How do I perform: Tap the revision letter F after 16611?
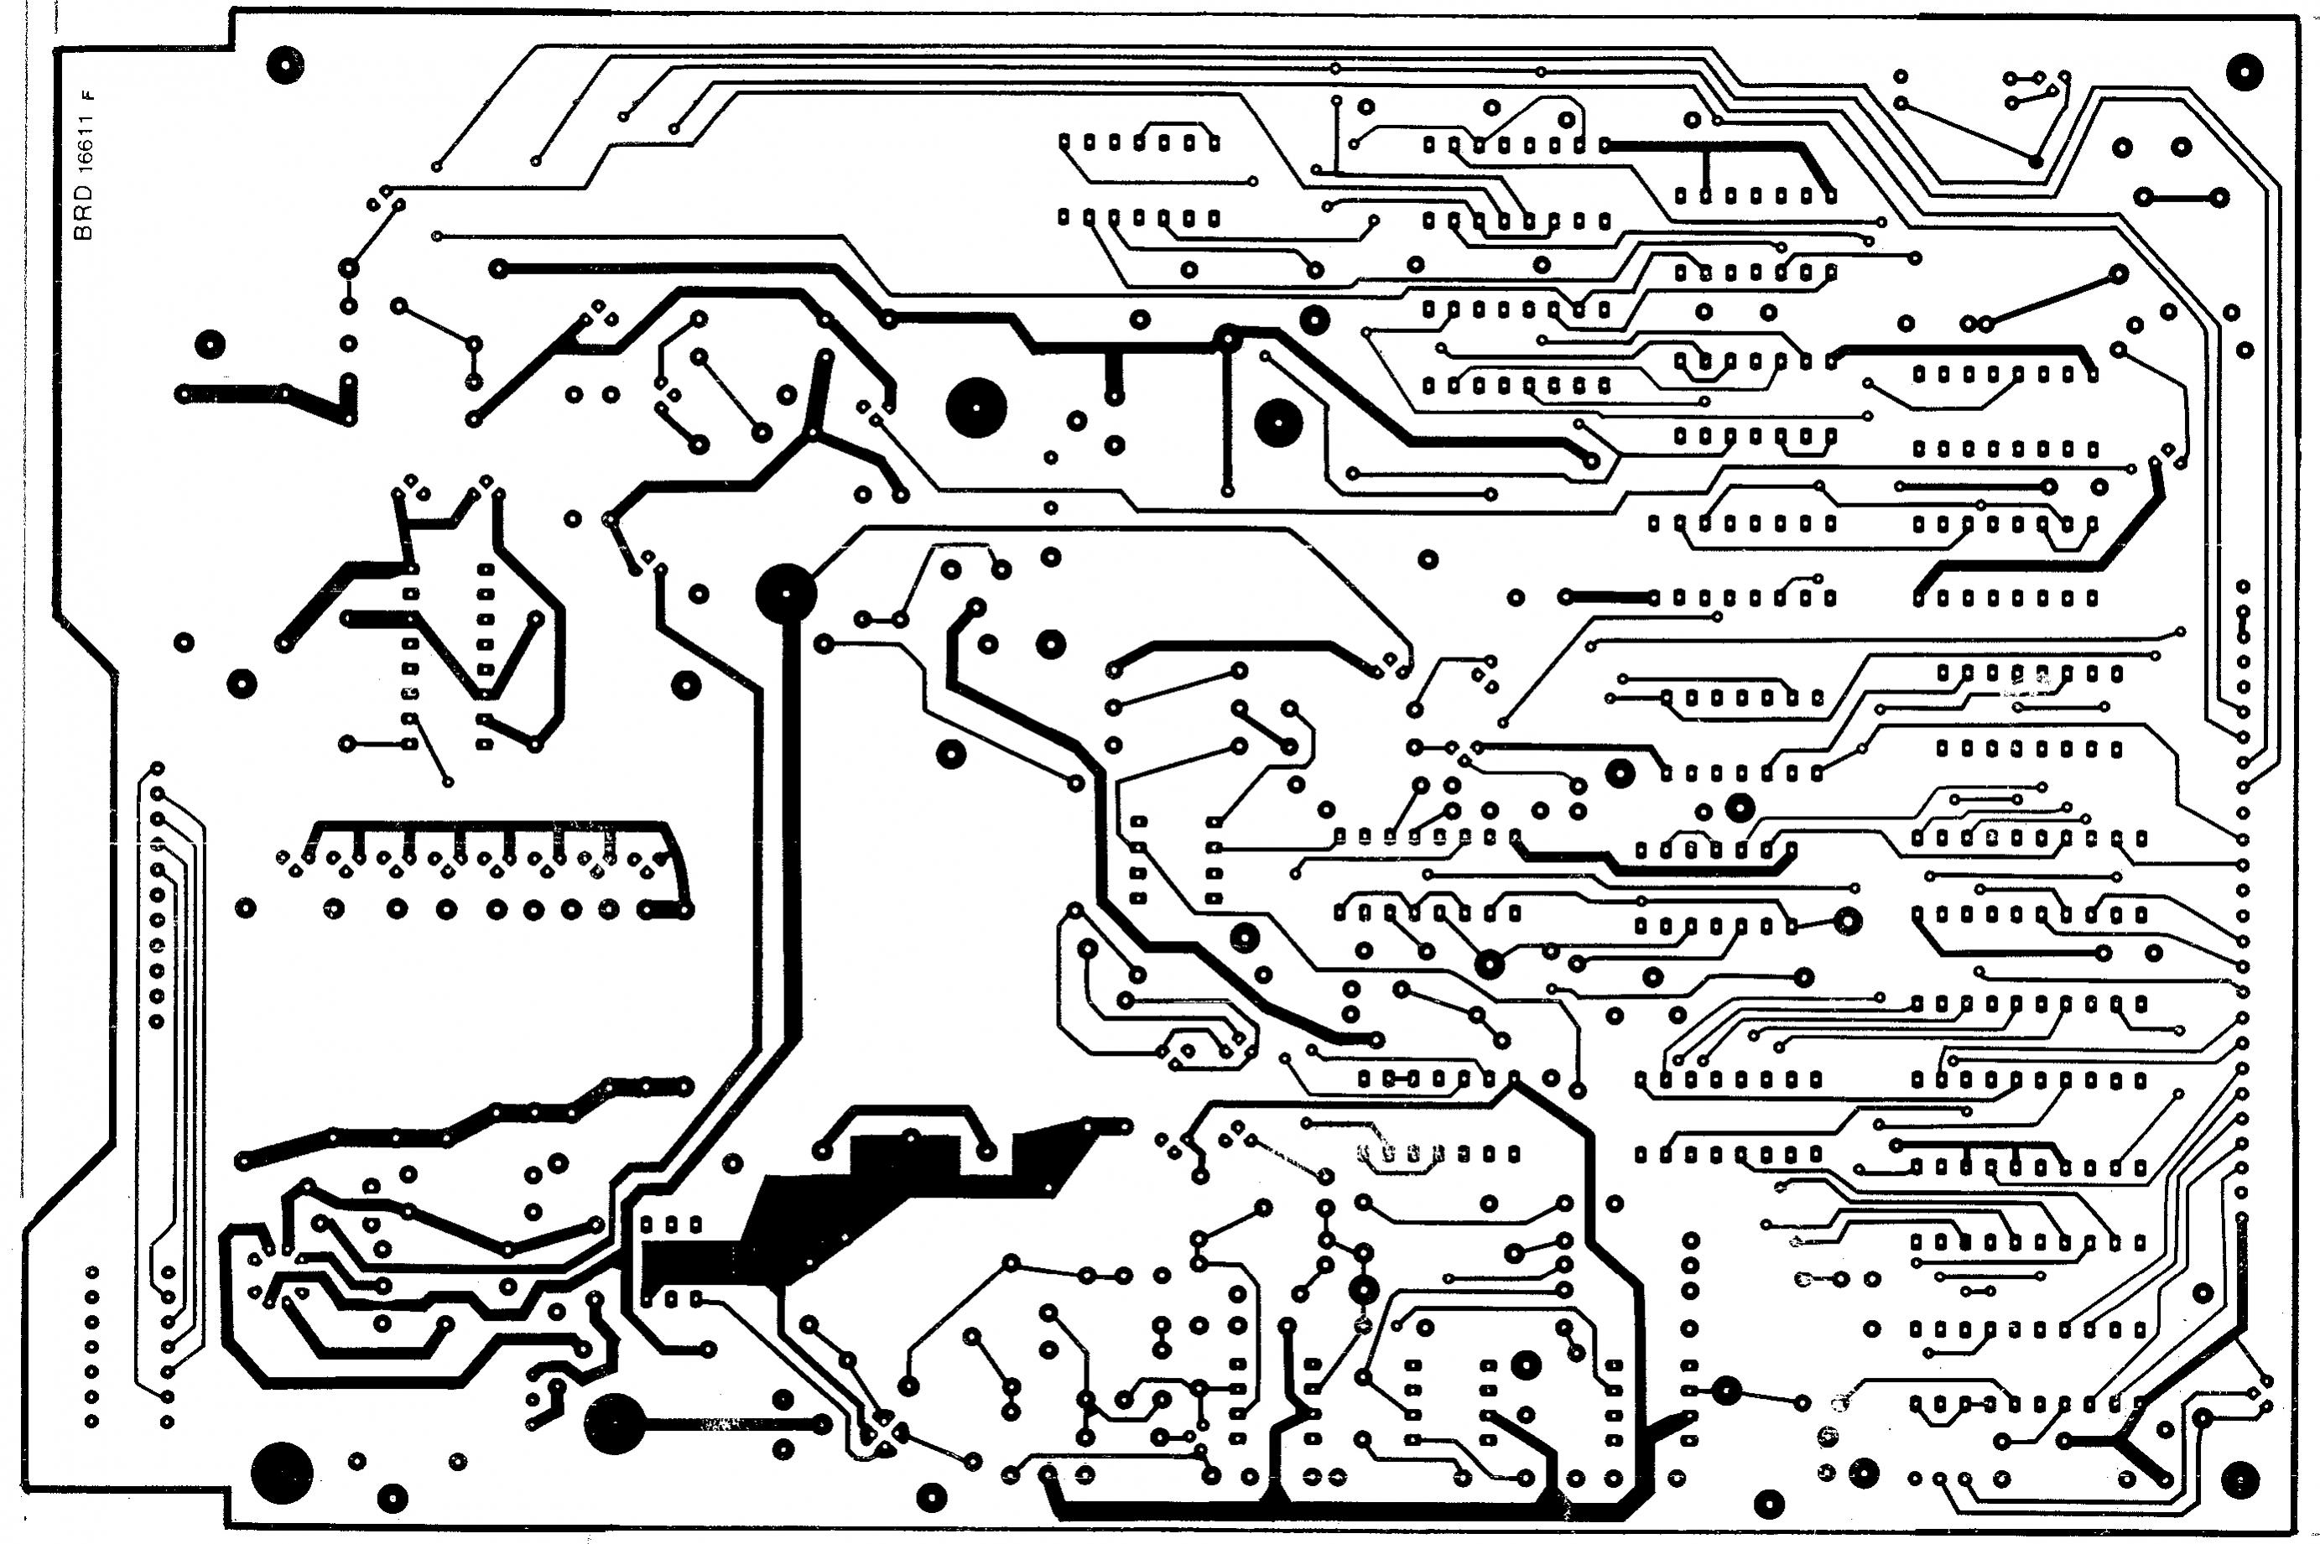click(89, 96)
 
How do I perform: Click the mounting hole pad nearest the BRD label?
click(284, 65)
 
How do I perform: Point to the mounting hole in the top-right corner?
click(2243, 71)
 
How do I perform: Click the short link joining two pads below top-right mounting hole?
click(2180, 197)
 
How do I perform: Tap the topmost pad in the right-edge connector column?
click(2243, 587)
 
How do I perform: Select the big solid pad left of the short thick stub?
click(975, 408)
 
